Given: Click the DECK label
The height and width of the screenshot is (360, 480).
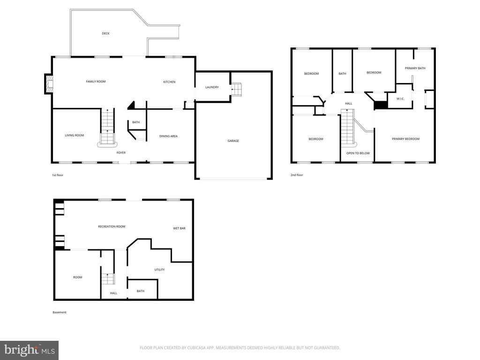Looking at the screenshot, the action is click(105, 33).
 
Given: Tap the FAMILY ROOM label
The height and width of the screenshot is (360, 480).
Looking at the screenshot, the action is click(96, 82).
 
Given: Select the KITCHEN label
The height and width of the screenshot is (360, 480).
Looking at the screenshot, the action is click(169, 82).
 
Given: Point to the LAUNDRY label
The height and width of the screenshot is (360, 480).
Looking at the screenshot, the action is click(212, 87).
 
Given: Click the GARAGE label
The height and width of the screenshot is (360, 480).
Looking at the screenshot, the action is click(233, 141).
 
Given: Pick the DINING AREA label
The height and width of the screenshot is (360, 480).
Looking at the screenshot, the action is click(168, 136).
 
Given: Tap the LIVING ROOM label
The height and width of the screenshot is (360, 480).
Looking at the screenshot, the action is click(75, 135).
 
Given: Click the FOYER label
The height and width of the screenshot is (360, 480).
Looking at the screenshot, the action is click(121, 152).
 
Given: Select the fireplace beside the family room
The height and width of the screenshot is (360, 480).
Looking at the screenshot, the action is click(48, 84).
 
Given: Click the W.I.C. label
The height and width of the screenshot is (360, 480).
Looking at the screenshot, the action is click(400, 98).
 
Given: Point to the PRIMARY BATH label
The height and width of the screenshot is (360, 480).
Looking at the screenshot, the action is click(415, 68).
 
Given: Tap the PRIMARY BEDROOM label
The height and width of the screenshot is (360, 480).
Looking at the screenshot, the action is click(405, 139).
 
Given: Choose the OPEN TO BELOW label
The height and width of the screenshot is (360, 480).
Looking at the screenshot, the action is click(358, 153).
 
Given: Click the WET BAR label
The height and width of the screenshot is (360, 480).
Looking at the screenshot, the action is click(179, 228).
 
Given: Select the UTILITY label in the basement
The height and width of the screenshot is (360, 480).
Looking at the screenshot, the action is click(159, 270).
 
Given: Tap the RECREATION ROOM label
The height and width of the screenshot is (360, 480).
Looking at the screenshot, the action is click(112, 226).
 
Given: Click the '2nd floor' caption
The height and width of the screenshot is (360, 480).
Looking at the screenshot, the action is click(297, 175).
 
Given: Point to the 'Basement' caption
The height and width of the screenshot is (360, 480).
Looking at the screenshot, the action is click(60, 312).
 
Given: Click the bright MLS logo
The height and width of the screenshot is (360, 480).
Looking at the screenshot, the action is click(30, 350).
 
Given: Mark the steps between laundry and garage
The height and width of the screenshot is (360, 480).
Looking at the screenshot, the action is click(236, 89).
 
